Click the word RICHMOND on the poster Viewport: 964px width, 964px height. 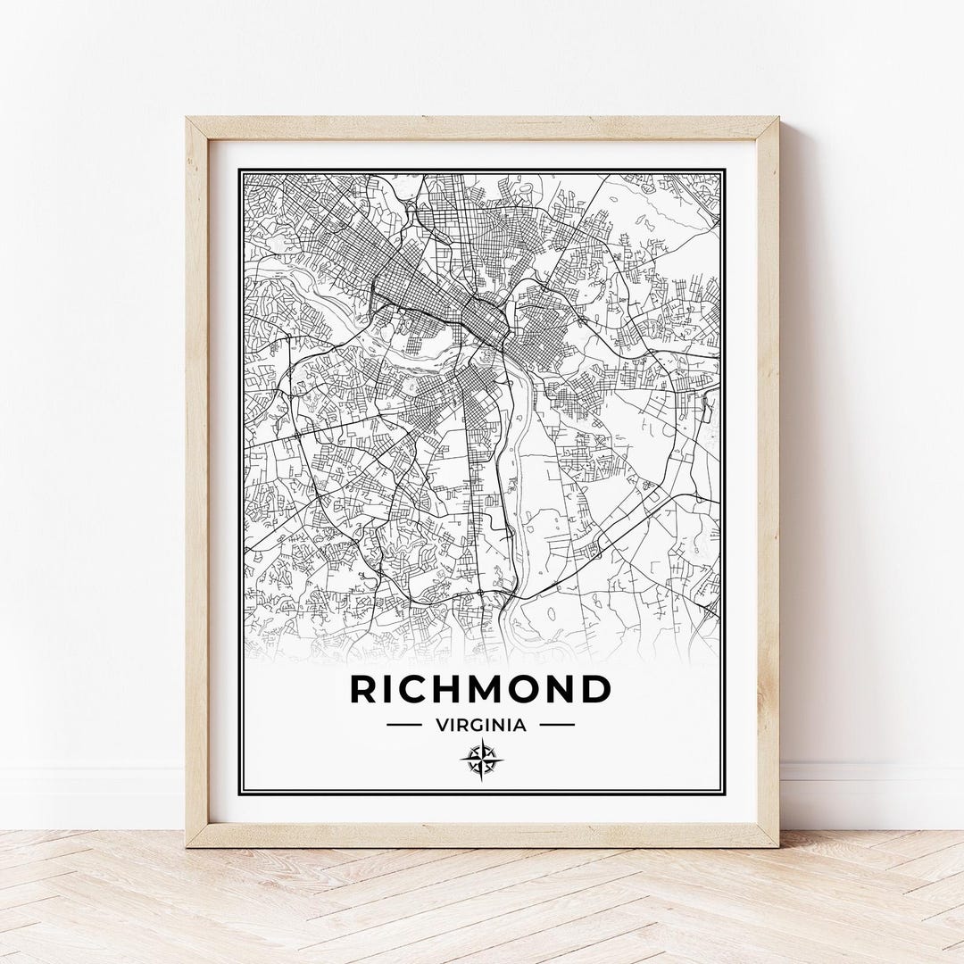[x=480, y=690]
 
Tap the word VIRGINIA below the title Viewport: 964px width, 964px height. [x=481, y=725]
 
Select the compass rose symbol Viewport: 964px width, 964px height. [x=481, y=760]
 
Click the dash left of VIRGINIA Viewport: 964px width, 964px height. [x=403, y=725]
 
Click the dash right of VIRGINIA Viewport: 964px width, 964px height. [x=558, y=725]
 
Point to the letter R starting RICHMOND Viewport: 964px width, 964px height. [x=364, y=690]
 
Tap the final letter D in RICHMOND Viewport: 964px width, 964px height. [x=595, y=690]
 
